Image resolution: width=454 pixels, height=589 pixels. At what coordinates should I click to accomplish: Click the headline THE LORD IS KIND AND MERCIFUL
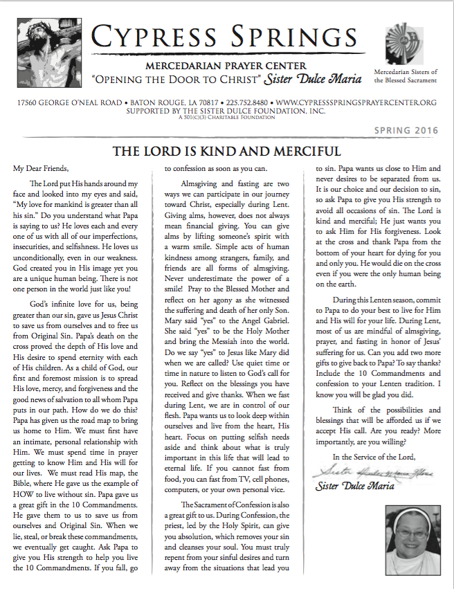(227, 152)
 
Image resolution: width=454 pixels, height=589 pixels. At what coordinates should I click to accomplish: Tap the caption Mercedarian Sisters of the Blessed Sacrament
(405, 75)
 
